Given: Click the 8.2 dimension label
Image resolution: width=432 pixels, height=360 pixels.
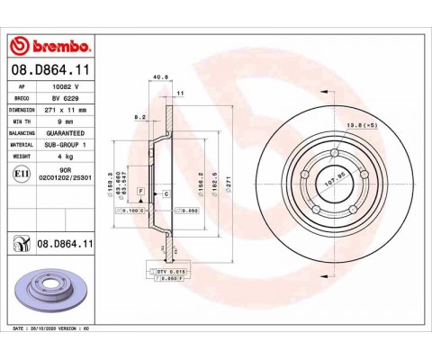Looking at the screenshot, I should point(139,117).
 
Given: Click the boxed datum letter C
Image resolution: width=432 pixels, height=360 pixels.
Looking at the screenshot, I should point(167,194).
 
